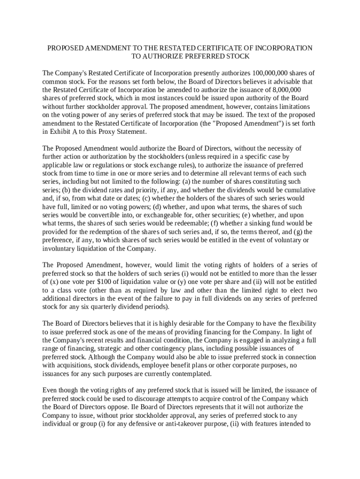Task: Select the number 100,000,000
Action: pyautogui.click(x=274, y=73)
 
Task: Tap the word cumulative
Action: pyautogui.click(x=298, y=190)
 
